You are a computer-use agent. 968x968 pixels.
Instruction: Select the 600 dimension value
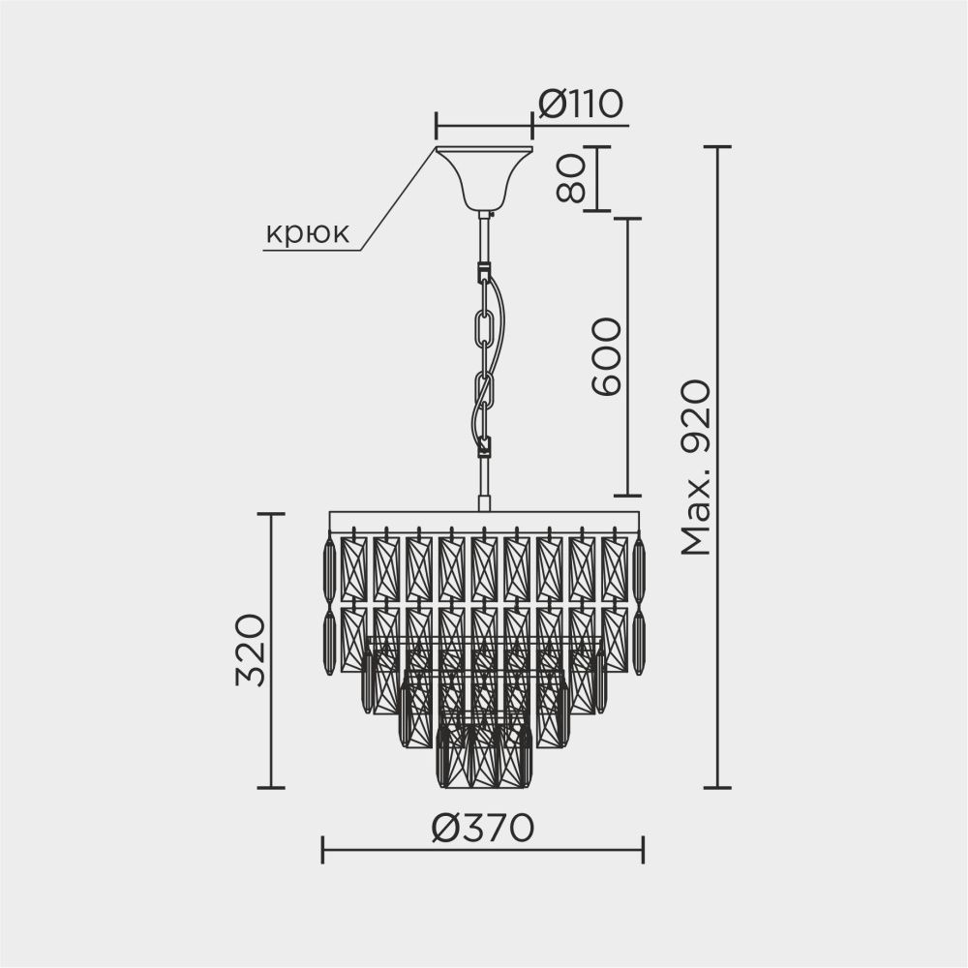click(607, 356)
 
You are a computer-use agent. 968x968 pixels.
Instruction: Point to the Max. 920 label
click(696, 469)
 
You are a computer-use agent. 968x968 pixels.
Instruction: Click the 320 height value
click(251, 650)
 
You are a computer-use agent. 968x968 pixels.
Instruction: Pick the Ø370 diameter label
click(483, 828)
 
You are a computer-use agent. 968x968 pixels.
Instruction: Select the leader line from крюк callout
click(397, 199)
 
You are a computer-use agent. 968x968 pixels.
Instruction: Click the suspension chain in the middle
click(484, 358)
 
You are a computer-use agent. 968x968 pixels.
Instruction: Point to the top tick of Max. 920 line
click(716, 146)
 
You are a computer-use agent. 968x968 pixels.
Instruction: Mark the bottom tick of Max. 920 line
click(716, 788)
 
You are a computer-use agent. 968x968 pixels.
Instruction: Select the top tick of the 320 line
click(270, 514)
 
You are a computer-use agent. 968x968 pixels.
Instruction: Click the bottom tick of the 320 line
click(270, 788)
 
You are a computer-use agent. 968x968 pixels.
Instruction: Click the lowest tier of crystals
click(484, 756)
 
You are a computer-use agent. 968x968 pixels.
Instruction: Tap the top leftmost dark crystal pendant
click(329, 570)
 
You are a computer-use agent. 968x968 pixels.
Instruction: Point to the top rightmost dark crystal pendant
click(639, 570)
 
